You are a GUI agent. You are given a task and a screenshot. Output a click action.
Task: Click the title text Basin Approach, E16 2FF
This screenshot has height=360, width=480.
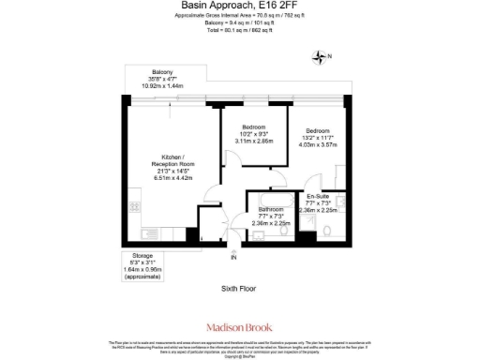point(240,6)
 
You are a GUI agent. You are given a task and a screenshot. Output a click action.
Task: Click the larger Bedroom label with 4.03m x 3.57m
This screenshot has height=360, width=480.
point(317,130)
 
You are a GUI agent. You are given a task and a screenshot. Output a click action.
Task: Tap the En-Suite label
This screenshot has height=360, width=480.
point(319,197)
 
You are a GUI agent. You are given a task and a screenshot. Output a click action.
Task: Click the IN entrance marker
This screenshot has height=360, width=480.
point(233,257)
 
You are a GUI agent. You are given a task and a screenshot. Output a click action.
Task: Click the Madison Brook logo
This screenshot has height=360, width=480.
point(240,327)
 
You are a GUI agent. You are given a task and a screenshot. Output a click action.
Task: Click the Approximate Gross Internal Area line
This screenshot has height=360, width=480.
point(240,15)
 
